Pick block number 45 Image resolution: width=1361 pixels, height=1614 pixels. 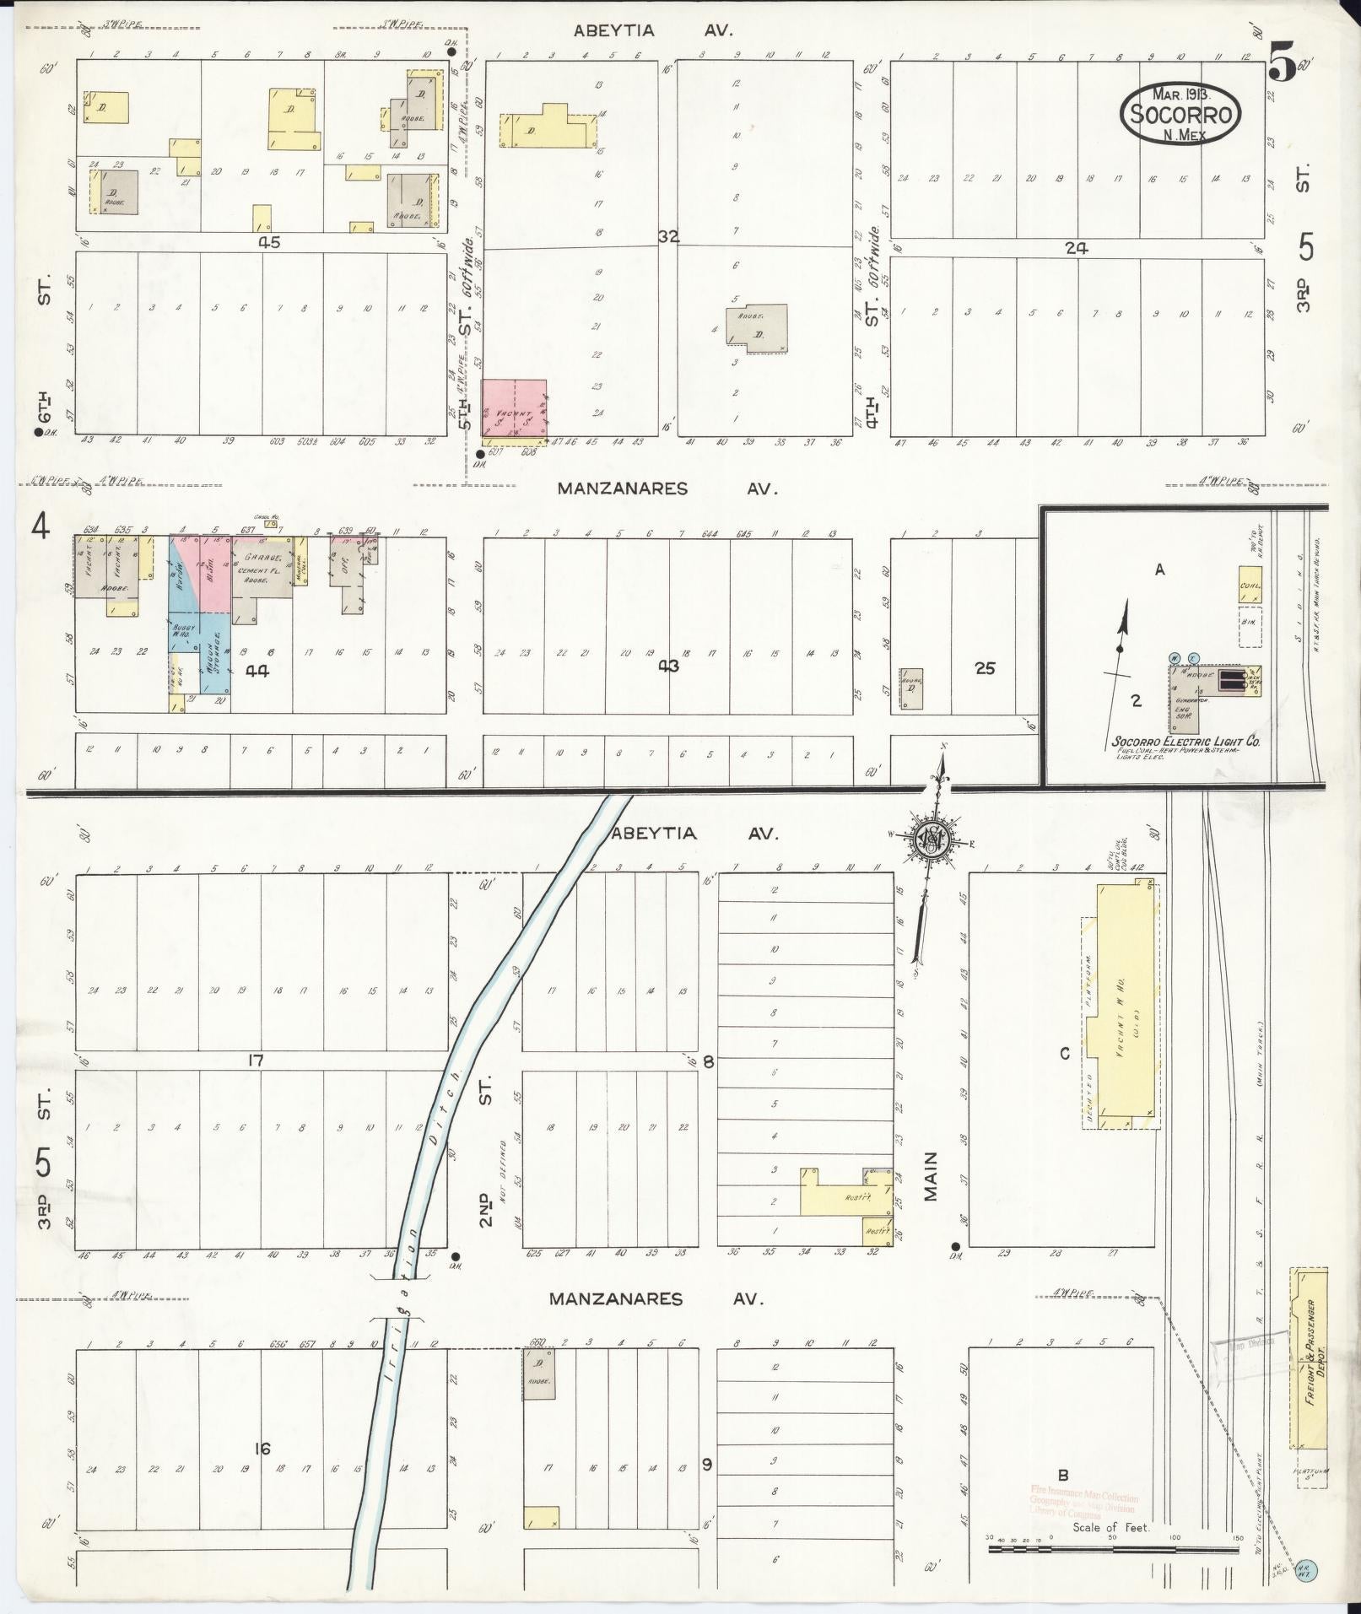269,242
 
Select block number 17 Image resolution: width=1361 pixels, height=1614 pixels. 256,1061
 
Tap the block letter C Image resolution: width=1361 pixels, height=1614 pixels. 1065,1054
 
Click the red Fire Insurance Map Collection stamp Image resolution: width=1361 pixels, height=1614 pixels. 1083,1500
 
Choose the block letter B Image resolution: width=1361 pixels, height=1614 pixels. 1063,1475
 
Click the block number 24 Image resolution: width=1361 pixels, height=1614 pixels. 1077,248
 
